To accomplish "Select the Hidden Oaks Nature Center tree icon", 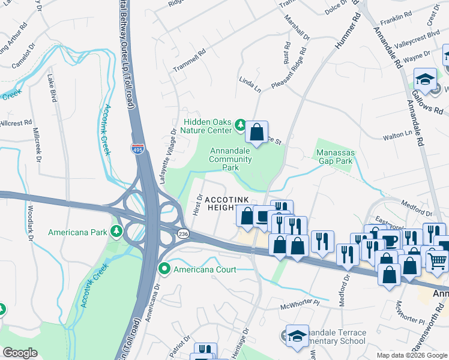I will (240, 125).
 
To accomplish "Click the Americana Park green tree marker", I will (114, 232).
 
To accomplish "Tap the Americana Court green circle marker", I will (164, 269).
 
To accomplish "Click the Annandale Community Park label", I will (231, 160).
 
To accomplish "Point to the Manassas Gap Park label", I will (336, 157).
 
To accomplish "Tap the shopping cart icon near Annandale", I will (436, 260).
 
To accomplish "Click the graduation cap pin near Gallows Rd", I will (425, 79).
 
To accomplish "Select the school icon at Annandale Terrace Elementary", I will (297, 337).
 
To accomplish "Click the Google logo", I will (20, 352).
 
